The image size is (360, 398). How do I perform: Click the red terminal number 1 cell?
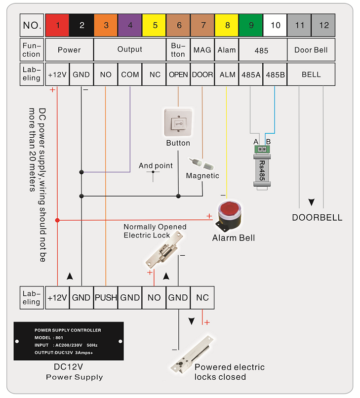pos(57,25)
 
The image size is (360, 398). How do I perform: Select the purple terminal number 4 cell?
pos(130,25)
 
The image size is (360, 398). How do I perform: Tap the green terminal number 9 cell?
pos(251,25)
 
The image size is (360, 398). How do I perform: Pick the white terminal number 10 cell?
pos(275,25)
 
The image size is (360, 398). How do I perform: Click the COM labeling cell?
pos(130,75)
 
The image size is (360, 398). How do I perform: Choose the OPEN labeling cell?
pos(178,75)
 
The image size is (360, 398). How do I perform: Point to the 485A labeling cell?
pos(251,75)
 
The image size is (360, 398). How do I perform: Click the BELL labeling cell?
pos(311,75)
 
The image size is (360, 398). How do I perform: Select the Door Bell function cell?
pos(311,49)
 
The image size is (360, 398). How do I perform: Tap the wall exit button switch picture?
pos(178,122)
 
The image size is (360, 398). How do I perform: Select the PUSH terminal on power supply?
pos(106,297)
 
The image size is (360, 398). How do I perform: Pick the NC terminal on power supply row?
pos(202,297)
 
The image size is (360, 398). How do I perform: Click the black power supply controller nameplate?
pos(68,341)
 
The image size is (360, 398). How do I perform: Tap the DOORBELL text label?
pos(317,217)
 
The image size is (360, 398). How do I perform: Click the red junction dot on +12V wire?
pos(57,220)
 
